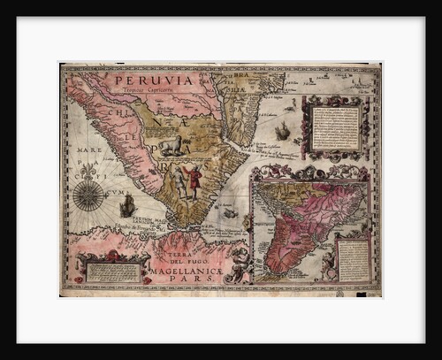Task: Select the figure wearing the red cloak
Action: pyautogui.click(x=193, y=180)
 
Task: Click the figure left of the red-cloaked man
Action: pyautogui.click(x=179, y=181)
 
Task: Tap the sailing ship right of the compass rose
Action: pyautogui.click(x=127, y=206)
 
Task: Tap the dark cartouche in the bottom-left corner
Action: pyautogui.click(x=111, y=269)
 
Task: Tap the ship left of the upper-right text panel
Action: pyautogui.click(x=282, y=132)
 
